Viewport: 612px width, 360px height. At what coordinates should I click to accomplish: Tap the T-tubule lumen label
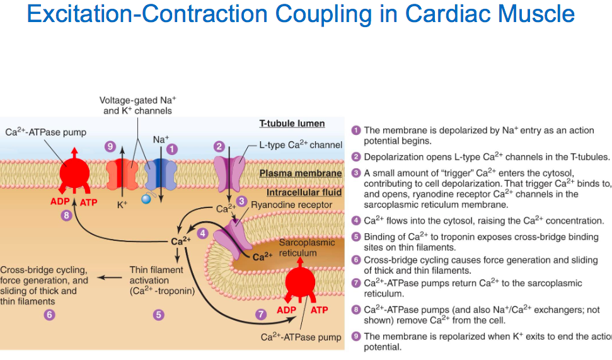pos(292,124)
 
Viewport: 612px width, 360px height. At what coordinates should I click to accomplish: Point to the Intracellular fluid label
pos(304,193)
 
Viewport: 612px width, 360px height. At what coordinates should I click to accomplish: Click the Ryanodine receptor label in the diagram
pos(282,205)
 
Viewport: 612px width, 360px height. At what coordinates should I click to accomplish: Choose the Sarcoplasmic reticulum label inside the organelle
pos(298,248)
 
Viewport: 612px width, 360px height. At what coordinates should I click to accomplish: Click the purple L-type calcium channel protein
pos(228,172)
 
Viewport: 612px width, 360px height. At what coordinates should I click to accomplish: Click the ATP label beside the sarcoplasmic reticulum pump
pos(320,311)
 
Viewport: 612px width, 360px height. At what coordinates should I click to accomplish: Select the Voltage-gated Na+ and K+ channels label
pos(137,105)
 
